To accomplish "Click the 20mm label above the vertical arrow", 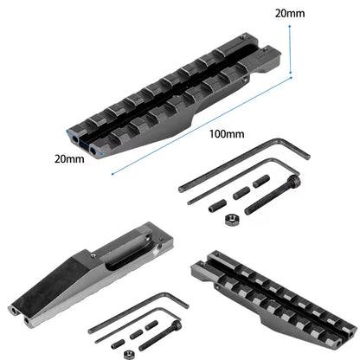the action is pyautogui.click(x=290, y=14).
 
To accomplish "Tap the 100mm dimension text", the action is pyautogui.click(x=227, y=134).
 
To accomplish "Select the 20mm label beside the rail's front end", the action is pyautogui.click(x=69, y=159).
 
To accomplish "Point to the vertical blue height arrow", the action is pyautogui.click(x=290, y=49).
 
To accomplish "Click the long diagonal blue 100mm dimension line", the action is pyautogui.click(x=202, y=125).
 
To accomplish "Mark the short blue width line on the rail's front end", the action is pyautogui.click(x=84, y=142).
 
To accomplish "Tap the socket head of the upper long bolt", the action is pyautogui.click(x=295, y=182).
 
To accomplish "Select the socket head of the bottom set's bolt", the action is pyautogui.click(x=177, y=326).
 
